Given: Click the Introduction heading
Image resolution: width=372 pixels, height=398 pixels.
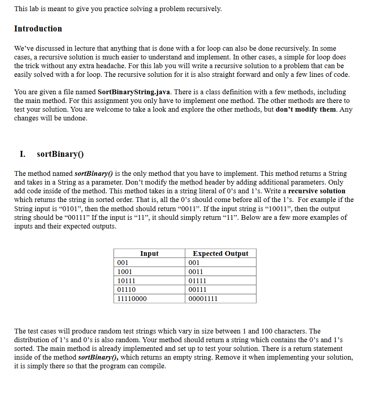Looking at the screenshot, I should point(38,29).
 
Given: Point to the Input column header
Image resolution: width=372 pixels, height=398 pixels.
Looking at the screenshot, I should point(149,253).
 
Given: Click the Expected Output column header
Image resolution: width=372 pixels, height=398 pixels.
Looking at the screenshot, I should point(220,253).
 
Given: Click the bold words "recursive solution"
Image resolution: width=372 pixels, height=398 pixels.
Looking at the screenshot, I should point(317,191).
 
